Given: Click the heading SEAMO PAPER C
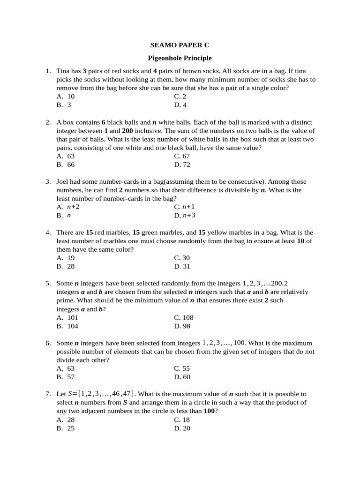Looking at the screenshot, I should pyautogui.click(x=180, y=45).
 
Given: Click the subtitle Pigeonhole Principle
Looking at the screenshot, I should pyautogui.click(x=180, y=58).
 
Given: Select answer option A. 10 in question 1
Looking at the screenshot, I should pyautogui.click(x=66, y=97).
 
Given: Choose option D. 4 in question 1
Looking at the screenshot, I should pyautogui.click(x=180, y=105).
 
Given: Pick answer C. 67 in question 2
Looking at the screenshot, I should pyautogui.click(x=182, y=156).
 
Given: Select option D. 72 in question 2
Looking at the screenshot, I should pyautogui.click(x=182, y=165).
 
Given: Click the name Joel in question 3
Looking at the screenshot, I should pyautogui.click(x=63, y=182).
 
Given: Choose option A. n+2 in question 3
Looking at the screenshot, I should pyautogui.click(x=68, y=207).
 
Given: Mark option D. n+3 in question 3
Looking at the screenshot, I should pyautogui.click(x=184, y=215).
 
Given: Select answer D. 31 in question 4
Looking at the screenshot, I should pyautogui.click(x=182, y=266).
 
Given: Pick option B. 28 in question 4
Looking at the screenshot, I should pyautogui.click(x=66, y=266).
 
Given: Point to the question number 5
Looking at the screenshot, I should pyautogui.click(x=48, y=284).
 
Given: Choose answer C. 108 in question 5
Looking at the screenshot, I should pyautogui.click(x=184, y=317).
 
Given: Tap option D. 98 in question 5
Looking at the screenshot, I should pyautogui.click(x=182, y=326).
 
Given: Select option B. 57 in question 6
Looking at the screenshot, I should pyautogui.click(x=66, y=377).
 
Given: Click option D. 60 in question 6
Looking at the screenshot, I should pyautogui.click(x=182, y=377).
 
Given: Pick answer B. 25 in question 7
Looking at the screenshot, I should pyautogui.click(x=66, y=428).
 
